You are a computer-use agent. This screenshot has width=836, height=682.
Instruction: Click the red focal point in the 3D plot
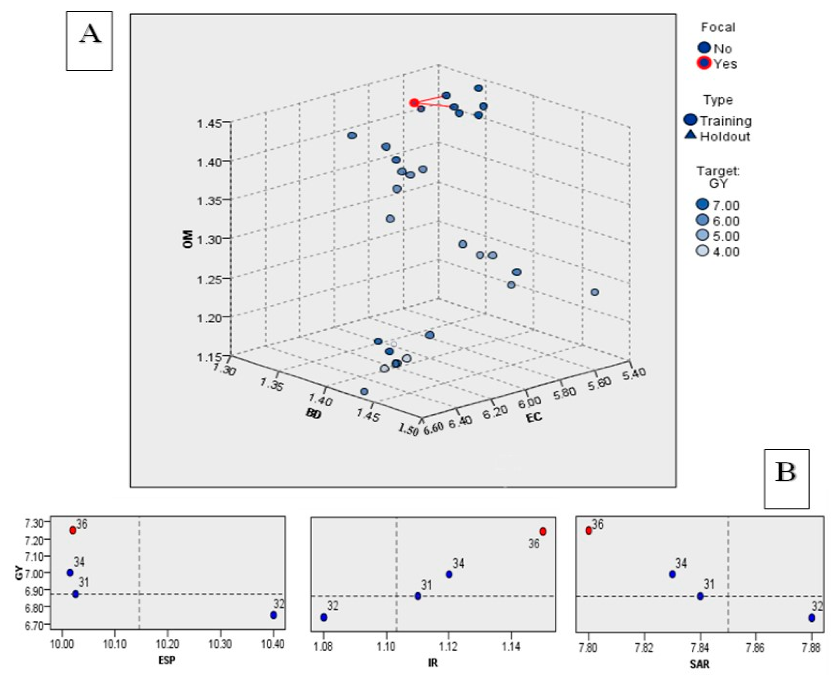pos(413,103)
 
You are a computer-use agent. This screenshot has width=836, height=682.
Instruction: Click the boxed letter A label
pos(90,41)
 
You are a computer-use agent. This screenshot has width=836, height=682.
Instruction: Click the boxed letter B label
pos(786,478)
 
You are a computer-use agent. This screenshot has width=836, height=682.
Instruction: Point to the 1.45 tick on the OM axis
pos(209,124)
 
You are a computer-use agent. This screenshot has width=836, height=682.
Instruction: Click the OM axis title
pos(188,238)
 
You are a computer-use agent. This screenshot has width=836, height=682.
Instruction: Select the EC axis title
pos(534,417)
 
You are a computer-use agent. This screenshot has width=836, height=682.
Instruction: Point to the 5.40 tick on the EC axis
pos(633,373)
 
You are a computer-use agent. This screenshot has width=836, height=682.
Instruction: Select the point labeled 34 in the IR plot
pos(449,574)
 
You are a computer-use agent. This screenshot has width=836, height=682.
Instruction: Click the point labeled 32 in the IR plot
pos(324,617)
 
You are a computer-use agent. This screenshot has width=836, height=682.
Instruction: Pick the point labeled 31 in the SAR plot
pos(700,596)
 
